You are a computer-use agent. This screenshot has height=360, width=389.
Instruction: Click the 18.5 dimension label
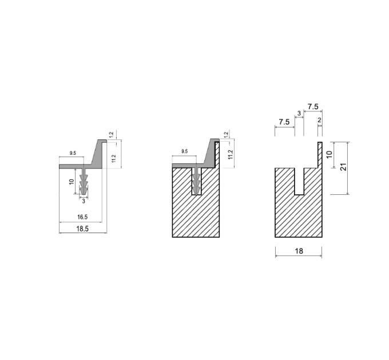coord(82,229)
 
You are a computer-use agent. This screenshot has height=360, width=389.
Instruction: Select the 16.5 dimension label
coord(82,217)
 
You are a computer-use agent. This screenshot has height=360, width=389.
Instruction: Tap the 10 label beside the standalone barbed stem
coord(72,182)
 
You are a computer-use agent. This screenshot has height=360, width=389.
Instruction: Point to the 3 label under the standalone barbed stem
coord(84,201)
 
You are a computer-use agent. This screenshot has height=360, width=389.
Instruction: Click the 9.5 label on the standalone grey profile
coord(73,153)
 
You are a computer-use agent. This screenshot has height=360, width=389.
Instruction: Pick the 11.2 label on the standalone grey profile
coord(114,158)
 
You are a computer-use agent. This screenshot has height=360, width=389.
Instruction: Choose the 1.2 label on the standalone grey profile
coord(112,135)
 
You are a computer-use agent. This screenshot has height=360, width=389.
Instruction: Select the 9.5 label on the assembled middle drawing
coord(185,151)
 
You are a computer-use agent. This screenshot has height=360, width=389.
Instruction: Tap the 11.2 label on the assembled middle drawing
coord(231,155)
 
